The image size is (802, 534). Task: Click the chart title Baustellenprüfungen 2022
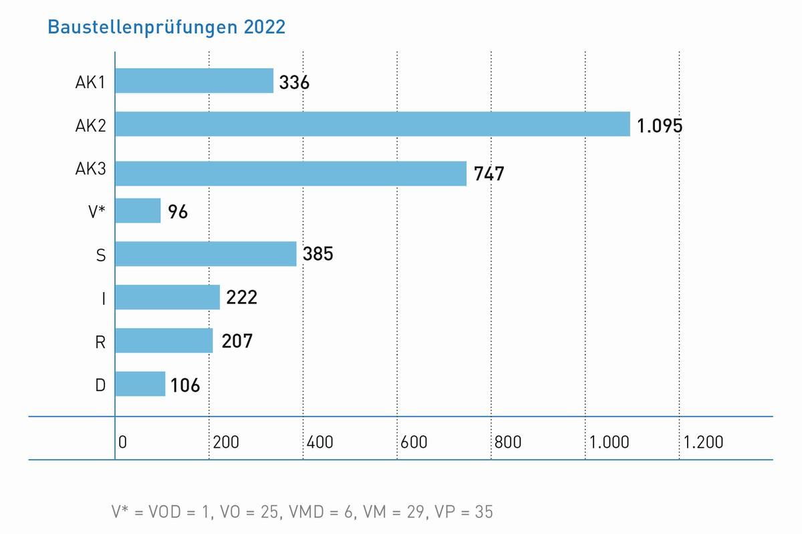(x=166, y=27)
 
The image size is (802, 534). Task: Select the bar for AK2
(x=372, y=124)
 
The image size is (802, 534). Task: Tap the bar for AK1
(x=194, y=81)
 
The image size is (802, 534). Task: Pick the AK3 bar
(x=291, y=173)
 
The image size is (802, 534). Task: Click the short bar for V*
(x=138, y=211)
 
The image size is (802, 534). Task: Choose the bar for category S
(x=206, y=254)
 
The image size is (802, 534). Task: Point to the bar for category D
(x=140, y=384)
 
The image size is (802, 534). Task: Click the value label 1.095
(x=660, y=126)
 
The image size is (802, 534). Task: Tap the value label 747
(x=489, y=174)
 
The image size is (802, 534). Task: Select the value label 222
(x=241, y=297)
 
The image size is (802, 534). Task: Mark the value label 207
(x=237, y=341)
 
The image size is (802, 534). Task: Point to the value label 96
(x=178, y=212)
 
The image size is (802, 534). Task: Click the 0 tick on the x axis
(x=123, y=442)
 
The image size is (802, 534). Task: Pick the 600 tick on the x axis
(x=414, y=442)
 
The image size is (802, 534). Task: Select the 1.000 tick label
(x=610, y=442)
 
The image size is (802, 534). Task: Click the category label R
(x=101, y=342)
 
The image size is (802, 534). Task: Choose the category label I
(x=103, y=298)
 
